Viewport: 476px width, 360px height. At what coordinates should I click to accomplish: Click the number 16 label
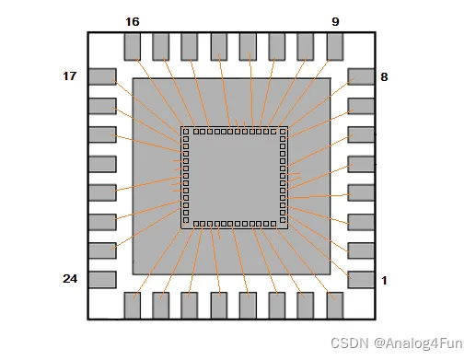tap(133, 20)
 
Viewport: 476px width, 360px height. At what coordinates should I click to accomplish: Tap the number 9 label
tap(335, 20)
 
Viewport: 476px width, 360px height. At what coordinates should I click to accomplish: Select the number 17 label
tap(69, 76)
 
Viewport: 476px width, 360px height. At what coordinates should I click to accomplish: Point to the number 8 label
tap(384, 76)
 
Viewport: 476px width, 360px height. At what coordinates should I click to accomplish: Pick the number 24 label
tap(69, 279)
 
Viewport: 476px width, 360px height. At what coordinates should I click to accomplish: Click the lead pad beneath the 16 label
tap(132, 47)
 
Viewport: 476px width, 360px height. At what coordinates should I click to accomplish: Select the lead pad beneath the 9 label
tap(335, 47)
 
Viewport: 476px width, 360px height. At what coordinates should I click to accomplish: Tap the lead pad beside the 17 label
tap(101, 77)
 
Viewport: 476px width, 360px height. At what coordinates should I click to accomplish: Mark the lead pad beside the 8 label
tap(361, 77)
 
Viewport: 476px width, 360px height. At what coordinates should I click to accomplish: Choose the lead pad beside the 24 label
tap(101, 279)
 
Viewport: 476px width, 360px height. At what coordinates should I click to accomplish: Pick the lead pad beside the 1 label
tap(361, 279)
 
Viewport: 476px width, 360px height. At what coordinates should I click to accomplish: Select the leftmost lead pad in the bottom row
tap(132, 305)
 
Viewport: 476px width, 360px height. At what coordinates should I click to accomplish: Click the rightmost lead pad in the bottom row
tap(335, 305)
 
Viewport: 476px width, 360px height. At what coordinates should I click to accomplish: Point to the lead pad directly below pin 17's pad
tap(101, 106)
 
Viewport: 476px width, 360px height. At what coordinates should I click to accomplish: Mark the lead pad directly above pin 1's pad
tap(361, 250)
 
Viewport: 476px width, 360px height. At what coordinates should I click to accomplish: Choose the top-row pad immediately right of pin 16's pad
tap(160, 47)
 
